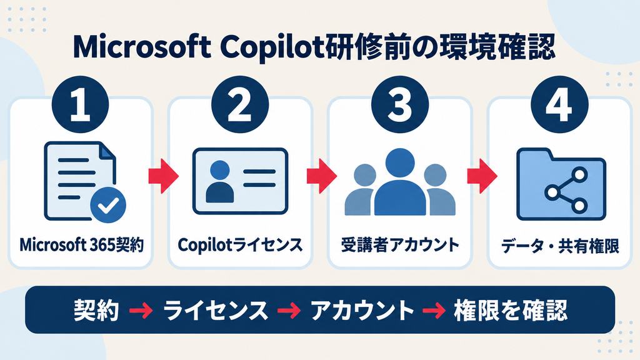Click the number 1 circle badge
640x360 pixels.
pyautogui.click(x=81, y=104)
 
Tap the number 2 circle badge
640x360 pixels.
pyautogui.click(x=240, y=104)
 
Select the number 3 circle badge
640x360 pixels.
pyautogui.click(x=400, y=104)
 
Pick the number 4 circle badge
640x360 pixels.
pyautogui.click(x=559, y=104)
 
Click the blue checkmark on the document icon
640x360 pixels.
pyautogui.click(x=108, y=205)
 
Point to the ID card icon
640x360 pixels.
pyautogui.click(x=241, y=181)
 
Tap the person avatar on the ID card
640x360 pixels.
pyautogui.click(x=220, y=182)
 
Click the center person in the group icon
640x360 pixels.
pyautogui.click(x=400, y=182)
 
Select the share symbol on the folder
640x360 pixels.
pyautogui.click(x=566, y=191)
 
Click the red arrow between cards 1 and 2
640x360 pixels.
pyautogui.click(x=163, y=176)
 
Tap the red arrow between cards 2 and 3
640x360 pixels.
pyautogui.click(x=322, y=176)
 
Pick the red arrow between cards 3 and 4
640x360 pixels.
pyautogui.click(x=482, y=176)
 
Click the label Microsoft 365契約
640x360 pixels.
pyautogui.click(x=82, y=245)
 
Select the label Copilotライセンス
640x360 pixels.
pyautogui.click(x=241, y=245)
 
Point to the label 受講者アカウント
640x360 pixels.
pyautogui.click(x=400, y=245)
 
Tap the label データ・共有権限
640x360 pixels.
pyautogui.click(x=560, y=246)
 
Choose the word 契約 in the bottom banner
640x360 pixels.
pyautogui.click(x=96, y=311)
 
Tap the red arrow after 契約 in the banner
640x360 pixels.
pyautogui.click(x=141, y=311)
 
